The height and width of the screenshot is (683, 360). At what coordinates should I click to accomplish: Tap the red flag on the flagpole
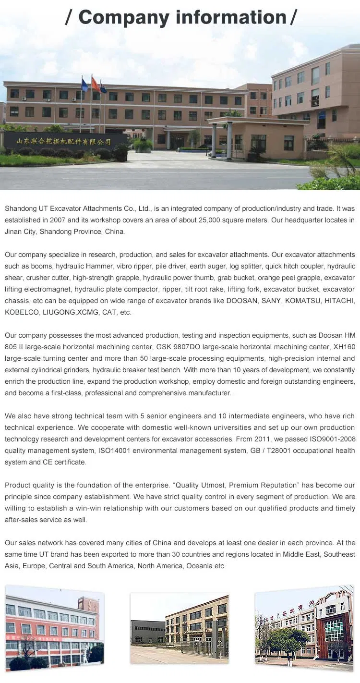click(x=96, y=85)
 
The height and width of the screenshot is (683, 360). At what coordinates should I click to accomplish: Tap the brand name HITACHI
click(x=339, y=301)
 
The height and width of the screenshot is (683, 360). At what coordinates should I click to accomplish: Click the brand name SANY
click(x=271, y=301)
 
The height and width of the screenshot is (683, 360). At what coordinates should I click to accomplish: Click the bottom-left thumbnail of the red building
click(x=54, y=626)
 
